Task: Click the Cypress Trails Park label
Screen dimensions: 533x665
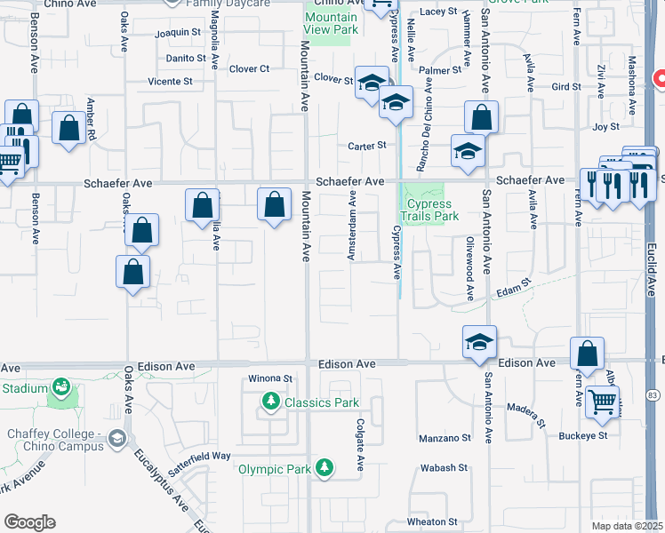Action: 431,210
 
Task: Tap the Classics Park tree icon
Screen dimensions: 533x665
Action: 271,403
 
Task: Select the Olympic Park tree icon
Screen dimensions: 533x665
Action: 324,468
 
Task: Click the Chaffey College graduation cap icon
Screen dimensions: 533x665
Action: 116,439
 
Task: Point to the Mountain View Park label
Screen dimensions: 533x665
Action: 331,24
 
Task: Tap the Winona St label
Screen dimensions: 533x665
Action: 270,378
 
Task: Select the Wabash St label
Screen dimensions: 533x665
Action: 444,467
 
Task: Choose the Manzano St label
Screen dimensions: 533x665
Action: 444,438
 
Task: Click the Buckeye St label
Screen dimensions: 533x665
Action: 583,436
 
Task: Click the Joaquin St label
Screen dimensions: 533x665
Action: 178,33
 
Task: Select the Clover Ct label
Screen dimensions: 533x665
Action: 249,69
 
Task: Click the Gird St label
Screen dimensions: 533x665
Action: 565,87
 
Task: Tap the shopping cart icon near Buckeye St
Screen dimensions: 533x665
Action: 603,402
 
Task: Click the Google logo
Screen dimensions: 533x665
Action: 29,522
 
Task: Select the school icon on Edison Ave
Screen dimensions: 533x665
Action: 478,342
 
